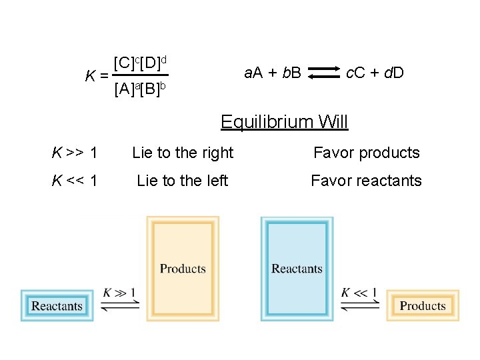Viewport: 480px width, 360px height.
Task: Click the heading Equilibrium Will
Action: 284,122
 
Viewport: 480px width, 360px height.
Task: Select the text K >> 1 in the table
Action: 75,153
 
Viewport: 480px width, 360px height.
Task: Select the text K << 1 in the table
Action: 75,181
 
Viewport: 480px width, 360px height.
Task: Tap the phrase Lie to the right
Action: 183,153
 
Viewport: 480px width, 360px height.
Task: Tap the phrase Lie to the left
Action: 183,181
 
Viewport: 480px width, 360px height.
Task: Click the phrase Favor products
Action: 367,153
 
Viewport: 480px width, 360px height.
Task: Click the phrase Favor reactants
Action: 367,181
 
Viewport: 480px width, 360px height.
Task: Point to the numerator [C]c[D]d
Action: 141,63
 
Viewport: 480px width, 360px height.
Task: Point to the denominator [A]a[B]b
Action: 140,88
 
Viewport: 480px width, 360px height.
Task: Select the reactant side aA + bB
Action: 273,73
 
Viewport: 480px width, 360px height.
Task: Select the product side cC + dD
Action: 375,73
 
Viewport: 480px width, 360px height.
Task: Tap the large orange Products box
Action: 183,269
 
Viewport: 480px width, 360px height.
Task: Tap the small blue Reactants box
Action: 57,306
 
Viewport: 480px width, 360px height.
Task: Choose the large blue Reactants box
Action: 297,269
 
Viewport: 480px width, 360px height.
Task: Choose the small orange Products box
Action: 423,306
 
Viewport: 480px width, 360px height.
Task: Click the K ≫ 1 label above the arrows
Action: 119,292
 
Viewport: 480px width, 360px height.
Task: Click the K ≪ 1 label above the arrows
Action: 359,292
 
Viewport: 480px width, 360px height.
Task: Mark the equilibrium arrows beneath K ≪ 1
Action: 359,305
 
